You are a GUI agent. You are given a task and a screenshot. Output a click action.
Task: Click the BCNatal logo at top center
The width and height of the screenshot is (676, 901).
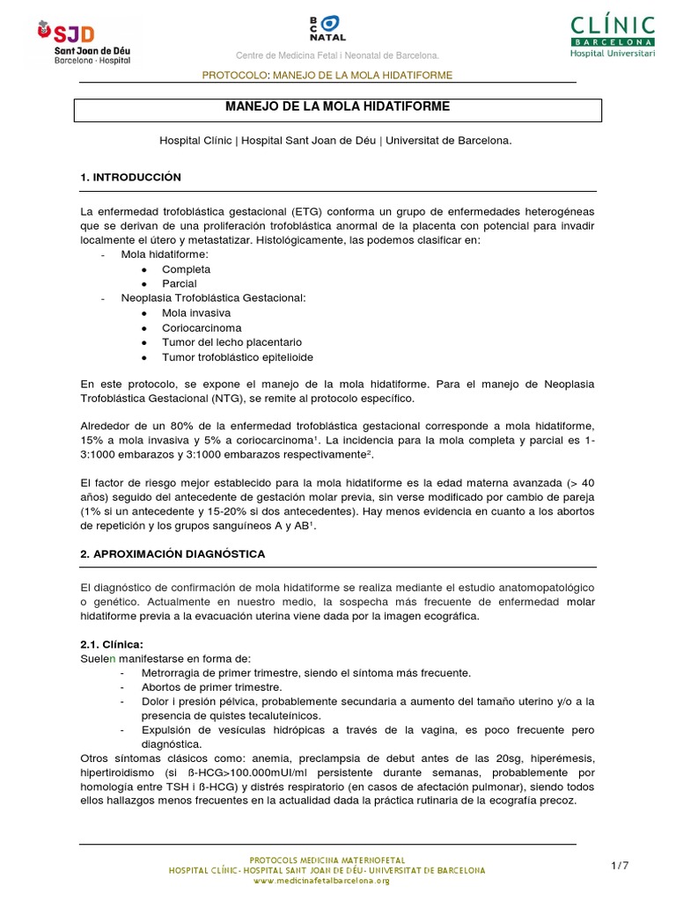327,27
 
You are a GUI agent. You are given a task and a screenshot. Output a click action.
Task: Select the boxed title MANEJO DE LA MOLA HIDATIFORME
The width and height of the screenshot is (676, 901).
338,106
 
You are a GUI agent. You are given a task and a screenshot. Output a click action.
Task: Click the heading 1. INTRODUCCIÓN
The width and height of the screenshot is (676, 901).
130,178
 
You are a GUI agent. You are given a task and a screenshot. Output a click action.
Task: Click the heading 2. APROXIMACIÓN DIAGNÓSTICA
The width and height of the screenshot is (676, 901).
173,554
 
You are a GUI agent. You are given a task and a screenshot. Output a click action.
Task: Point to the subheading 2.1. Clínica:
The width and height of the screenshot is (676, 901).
111,644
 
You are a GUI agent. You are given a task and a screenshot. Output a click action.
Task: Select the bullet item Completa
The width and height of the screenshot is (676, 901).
186,270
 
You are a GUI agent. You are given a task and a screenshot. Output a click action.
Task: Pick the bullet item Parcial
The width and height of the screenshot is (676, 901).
179,284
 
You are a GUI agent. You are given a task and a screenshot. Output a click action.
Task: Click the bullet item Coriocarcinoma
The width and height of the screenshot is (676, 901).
202,328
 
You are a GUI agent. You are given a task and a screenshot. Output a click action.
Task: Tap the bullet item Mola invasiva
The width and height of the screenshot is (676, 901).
196,313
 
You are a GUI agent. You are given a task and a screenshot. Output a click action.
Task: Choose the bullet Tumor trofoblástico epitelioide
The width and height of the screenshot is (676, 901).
237,358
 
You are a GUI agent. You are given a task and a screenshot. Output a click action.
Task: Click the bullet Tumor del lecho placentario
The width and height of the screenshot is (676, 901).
231,343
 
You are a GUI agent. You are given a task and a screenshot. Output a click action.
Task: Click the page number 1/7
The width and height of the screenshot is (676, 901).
620,867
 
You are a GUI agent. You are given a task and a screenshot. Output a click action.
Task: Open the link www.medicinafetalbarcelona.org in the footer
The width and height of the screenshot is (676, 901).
327,881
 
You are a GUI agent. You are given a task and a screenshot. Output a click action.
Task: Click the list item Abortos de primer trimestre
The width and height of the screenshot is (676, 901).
211,687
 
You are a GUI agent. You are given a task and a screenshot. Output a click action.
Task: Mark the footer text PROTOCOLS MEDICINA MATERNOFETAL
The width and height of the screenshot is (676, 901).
327,859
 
